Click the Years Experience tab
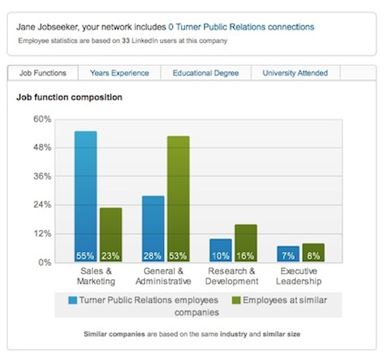pos(119,73)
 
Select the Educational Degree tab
pos(206,73)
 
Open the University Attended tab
pos(295,73)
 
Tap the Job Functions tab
pos(43,73)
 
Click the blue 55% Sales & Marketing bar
pos(86,196)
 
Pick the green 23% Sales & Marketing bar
pos(110,235)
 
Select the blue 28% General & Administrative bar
pos(153,228)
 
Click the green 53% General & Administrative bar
pos(179,199)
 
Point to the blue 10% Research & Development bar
pos(221,250)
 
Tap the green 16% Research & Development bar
pos(246,243)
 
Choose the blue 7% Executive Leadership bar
pos(288,254)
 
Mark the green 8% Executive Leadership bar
pos(313,252)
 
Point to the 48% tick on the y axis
pos(42,148)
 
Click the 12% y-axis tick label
pos(42,234)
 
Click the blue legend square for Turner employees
pos(72,300)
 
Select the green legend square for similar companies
pos(236,300)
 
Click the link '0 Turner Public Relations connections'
pos(241,27)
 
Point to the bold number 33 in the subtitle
pos(125,41)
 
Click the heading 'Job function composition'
pos(69,97)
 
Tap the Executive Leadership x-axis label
pos(298,276)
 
